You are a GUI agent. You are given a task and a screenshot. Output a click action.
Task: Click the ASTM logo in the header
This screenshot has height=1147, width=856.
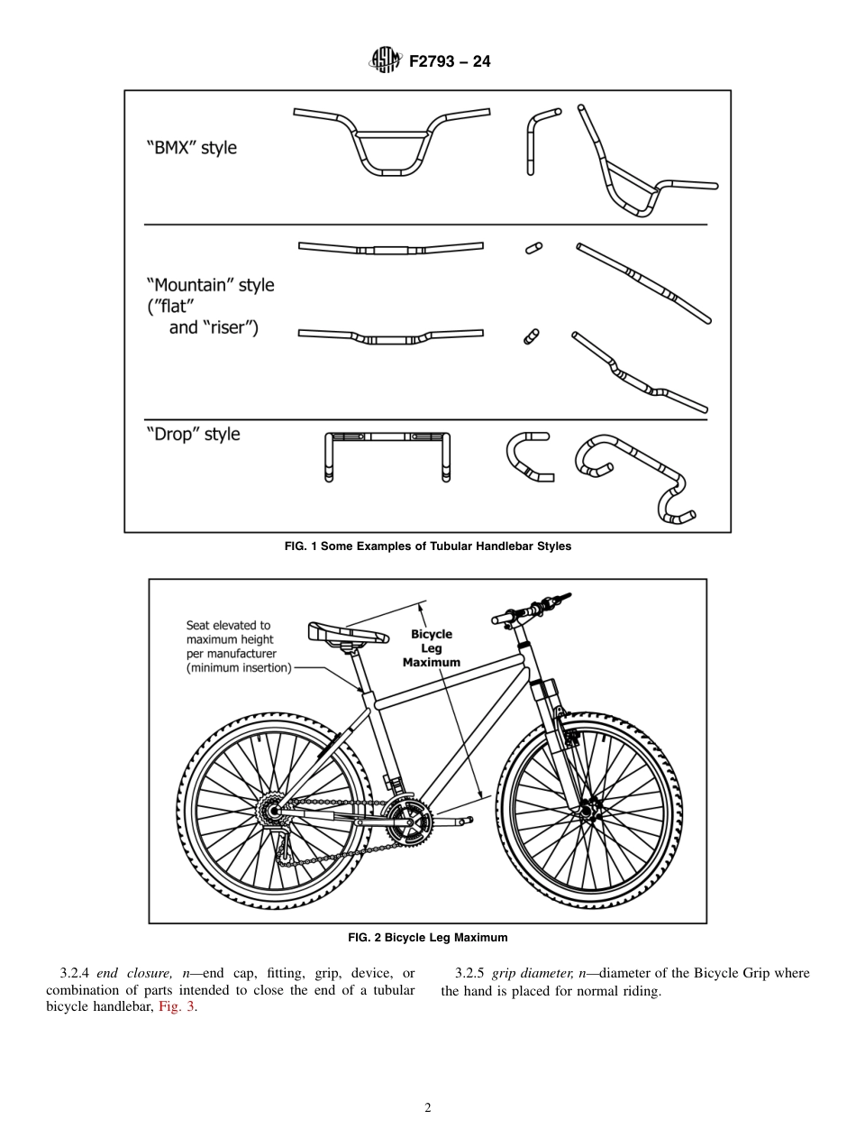(384, 61)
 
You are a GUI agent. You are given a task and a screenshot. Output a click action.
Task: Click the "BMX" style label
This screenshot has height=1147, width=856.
(191, 148)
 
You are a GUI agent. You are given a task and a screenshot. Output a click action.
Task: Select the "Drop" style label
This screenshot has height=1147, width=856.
(193, 435)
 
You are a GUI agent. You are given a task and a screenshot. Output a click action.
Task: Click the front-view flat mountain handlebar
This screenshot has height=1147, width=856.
(390, 248)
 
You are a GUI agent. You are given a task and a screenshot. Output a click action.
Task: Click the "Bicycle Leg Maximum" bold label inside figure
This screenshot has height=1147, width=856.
(432, 648)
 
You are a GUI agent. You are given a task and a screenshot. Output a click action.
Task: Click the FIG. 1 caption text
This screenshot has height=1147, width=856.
(428, 546)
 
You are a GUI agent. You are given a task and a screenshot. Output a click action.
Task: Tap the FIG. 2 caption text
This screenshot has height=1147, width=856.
(428, 937)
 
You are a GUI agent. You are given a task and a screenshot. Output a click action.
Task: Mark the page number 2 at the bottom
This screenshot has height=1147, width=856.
(428, 1107)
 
